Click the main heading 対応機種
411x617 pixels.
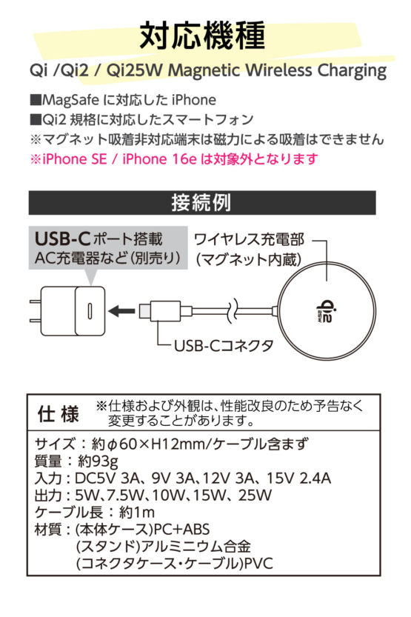coord(203,36)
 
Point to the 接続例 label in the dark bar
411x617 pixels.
coord(201,203)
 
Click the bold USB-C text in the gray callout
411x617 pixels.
coord(62,239)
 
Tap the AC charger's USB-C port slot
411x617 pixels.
coord(90,311)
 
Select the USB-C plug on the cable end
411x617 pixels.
coord(160,311)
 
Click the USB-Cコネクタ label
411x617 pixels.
coord(224,346)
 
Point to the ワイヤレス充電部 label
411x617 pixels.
coord(250,239)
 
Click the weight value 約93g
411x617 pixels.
coord(98,461)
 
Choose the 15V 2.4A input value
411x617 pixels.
coord(299,478)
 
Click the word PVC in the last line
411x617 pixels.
coord(258,564)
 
